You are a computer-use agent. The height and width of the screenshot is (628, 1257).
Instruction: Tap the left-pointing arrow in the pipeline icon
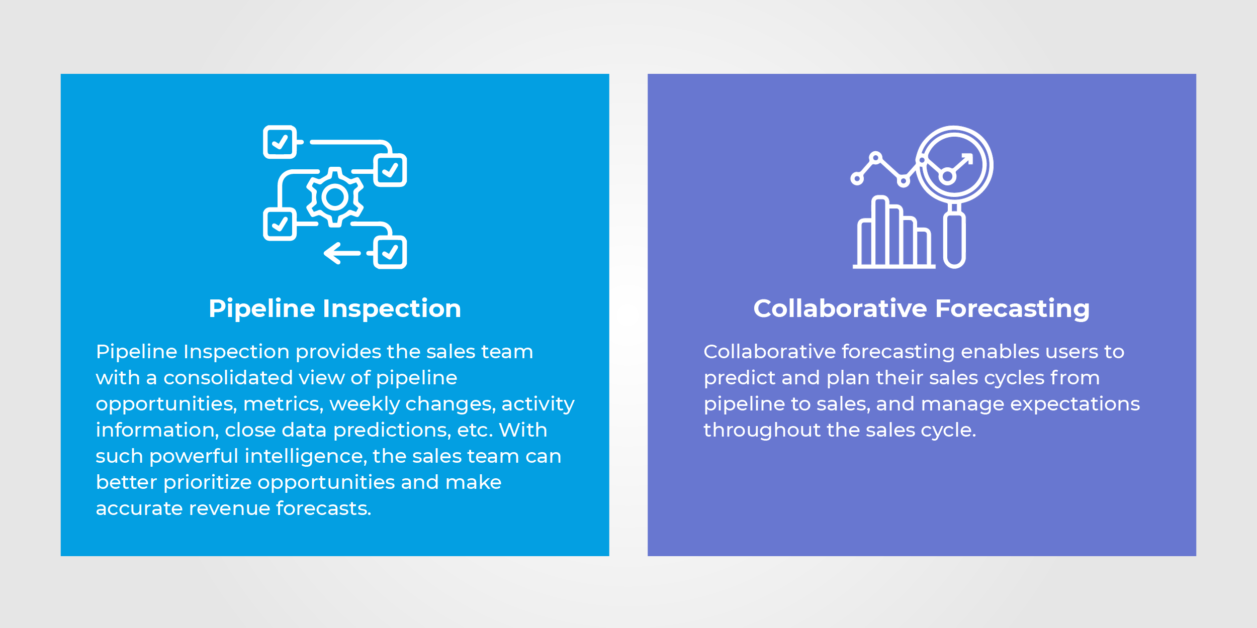(x=342, y=253)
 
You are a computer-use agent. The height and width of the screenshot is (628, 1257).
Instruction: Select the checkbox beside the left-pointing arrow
(x=391, y=252)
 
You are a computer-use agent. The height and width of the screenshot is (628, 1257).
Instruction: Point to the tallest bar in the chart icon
(x=880, y=231)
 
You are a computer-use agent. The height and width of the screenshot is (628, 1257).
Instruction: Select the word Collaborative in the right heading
(x=840, y=308)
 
